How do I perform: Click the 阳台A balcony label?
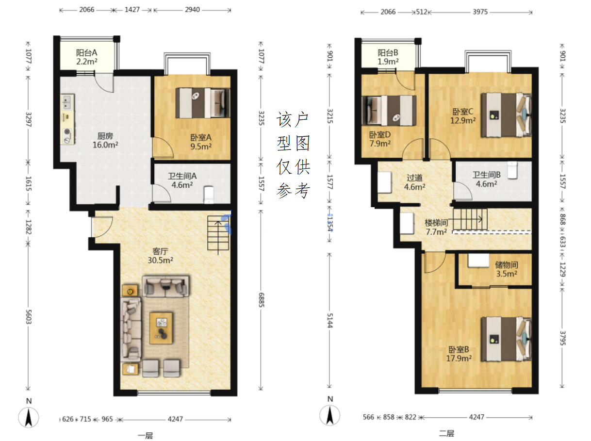click(x=86, y=57)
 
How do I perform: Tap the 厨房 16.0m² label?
click(x=105, y=140)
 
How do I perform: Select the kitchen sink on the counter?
click(x=67, y=102)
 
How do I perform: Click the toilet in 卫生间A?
click(x=209, y=195)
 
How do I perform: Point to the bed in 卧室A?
click(x=203, y=103)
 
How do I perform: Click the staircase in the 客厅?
click(x=218, y=234)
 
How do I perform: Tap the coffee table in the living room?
click(x=161, y=328)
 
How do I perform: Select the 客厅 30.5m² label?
click(x=160, y=256)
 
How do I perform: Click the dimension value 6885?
click(x=261, y=300)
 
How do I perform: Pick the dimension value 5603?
click(x=28, y=317)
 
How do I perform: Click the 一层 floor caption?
click(x=145, y=435)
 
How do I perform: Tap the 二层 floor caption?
click(x=446, y=433)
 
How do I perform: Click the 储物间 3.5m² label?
click(x=507, y=269)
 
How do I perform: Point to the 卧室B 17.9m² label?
click(x=459, y=354)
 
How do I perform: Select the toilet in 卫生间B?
click(x=512, y=170)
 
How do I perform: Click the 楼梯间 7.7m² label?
click(x=436, y=227)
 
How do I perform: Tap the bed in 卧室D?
click(x=389, y=111)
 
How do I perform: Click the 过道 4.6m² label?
click(x=415, y=182)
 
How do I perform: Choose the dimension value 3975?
click(x=480, y=12)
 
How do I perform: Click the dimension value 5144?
click(x=330, y=320)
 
